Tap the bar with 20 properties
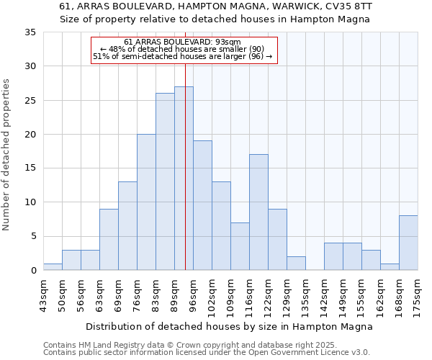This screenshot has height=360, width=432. [146, 202]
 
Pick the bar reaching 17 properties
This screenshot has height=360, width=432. [258, 212]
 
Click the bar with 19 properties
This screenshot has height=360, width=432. [202, 205]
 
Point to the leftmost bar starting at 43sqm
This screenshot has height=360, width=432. [53, 266]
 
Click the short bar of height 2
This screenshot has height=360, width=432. [296, 264]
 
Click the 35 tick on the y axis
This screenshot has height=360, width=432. [30, 32]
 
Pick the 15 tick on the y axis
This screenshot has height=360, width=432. [30, 168]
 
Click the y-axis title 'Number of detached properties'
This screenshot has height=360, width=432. [6, 155]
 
